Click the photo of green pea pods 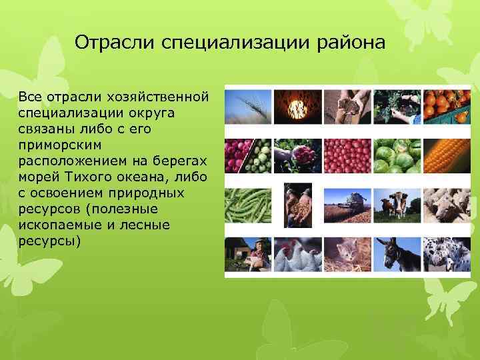tap(247, 205)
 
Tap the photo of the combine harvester tap(346, 205)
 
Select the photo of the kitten tap(346, 254)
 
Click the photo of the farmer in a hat tap(247, 254)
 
